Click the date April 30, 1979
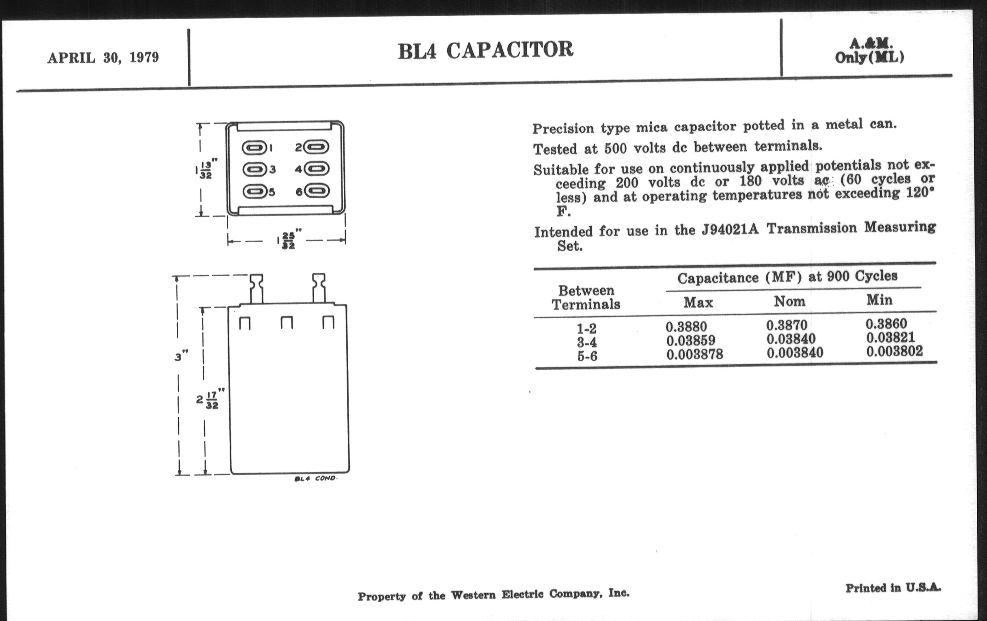[x=103, y=58]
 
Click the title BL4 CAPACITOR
[x=485, y=50]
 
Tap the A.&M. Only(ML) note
[x=869, y=51]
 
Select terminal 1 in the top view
[x=254, y=147]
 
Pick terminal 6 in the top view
[x=317, y=191]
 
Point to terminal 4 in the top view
[x=317, y=169]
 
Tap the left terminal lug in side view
[x=256, y=289]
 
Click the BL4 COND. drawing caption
[x=316, y=479]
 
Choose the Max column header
[x=698, y=302]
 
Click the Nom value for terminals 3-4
[x=791, y=339]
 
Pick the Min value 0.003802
[x=895, y=351]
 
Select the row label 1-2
[x=586, y=328]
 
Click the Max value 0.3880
[x=687, y=327]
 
